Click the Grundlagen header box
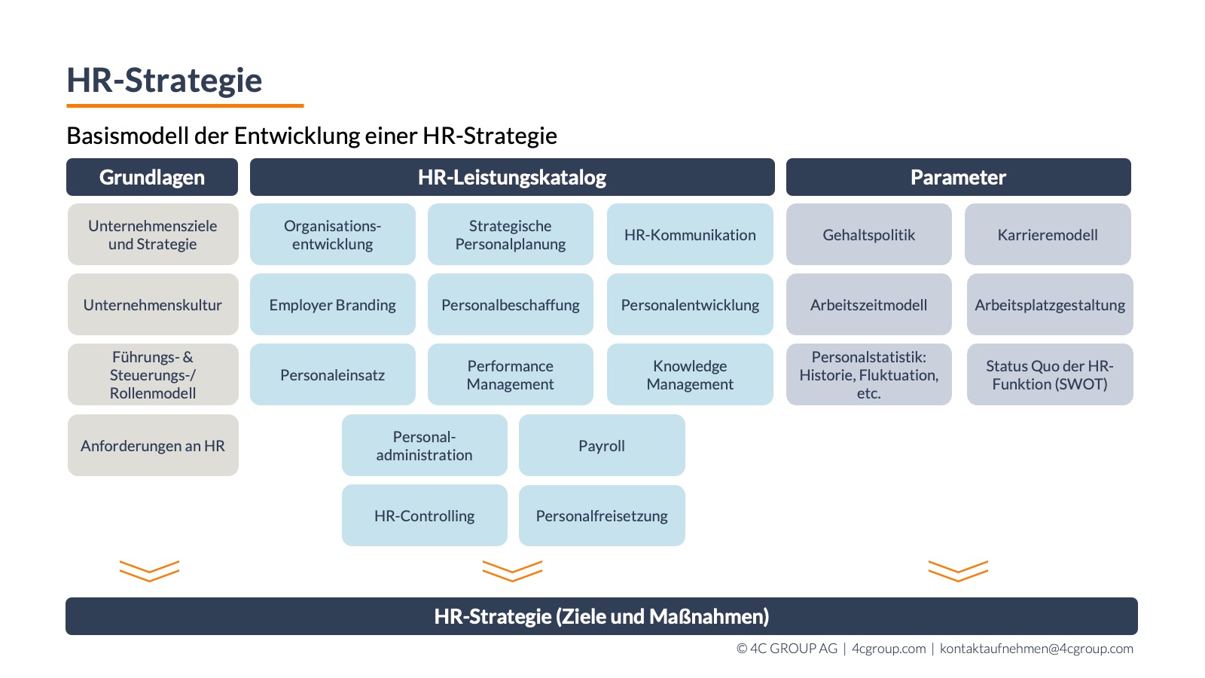(x=152, y=177)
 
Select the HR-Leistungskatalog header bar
(x=512, y=177)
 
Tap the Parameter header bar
(x=958, y=177)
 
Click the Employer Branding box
(x=332, y=304)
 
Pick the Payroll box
(x=602, y=445)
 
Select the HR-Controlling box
(x=425, y=515)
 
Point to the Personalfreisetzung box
(x=602, y=515)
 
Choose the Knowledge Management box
(x=690, y=374)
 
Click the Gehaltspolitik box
(x=869, y=234)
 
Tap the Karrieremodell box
(x=1048, y=234)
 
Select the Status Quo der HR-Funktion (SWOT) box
(x=1050, y=374)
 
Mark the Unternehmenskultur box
(x=153, y=304)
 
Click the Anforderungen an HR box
(x=153, y=445)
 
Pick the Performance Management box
(x=511, y=374)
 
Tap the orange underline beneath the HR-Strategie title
(x=185, y=105)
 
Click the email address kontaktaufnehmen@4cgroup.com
(x=1036, y=649)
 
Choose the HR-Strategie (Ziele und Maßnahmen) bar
(x=602, y=616)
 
